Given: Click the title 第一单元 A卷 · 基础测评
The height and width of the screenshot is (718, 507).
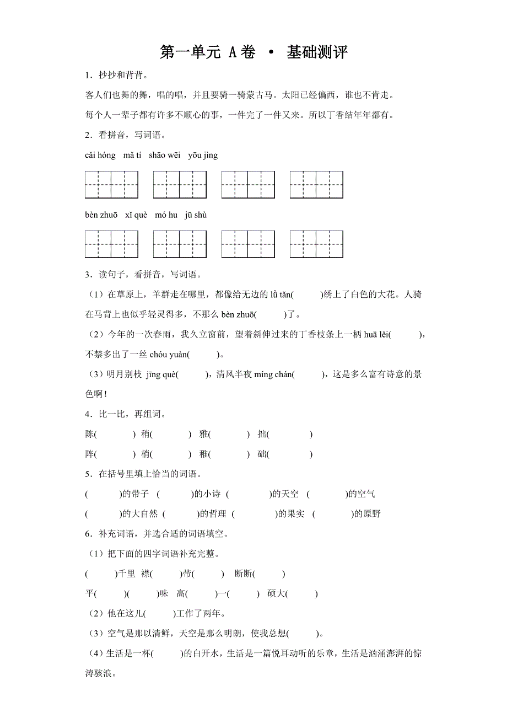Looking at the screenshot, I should tap(253, 52).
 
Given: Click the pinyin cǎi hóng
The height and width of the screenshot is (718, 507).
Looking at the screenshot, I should tap(100, 156).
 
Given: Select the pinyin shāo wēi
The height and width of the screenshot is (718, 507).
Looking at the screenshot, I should tap(164, 156).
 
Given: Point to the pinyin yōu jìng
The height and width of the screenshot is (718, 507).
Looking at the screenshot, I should tap(203, 156).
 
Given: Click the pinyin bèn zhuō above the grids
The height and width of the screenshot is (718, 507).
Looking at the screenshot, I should tap(101, 215).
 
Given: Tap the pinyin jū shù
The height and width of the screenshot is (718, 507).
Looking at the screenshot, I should tap(196, 215).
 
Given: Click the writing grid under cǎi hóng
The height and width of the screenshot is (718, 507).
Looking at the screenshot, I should tap(111, 185).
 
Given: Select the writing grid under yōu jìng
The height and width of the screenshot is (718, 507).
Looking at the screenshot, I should tap(316, 185).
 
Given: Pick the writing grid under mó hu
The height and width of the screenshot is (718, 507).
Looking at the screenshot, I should tap(248, 244).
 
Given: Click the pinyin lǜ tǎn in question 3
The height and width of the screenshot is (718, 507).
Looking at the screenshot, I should tap(280, 294).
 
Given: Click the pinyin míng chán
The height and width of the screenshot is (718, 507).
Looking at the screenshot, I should tap(274, 374).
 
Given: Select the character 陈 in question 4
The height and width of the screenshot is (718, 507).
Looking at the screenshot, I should tap(90, 435).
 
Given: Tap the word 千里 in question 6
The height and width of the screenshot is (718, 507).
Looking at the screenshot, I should tap(127, 574).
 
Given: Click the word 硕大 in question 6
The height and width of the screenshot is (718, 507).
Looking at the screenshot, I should tap(276, 594).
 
